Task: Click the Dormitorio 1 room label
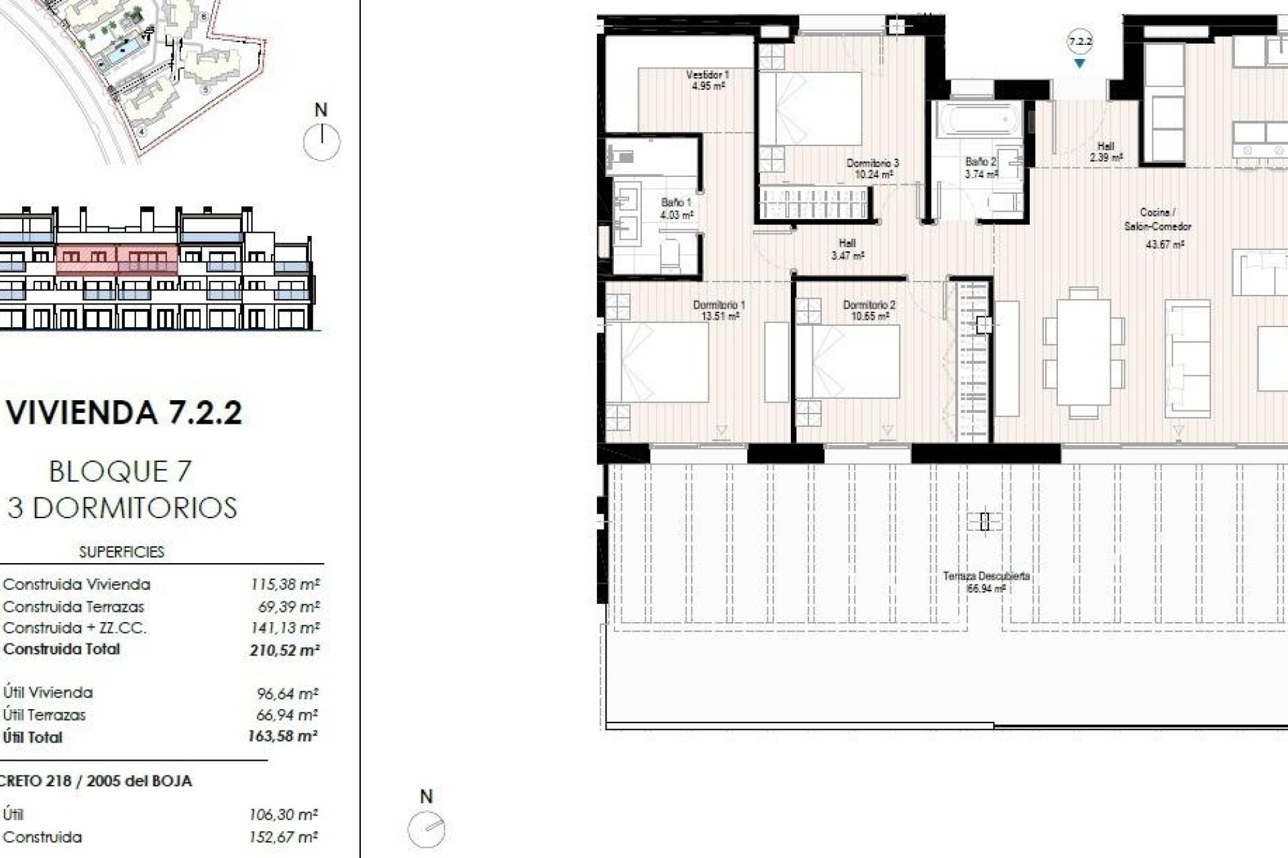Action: tap(719, 305)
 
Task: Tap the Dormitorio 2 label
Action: tap(869, 305)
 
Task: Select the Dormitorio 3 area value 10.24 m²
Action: tap(873, 175)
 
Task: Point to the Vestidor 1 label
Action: tap(707, 75)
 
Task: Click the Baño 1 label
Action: tap(676, 202)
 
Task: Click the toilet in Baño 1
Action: tap(671, 253)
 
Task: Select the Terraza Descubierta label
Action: tap(985, 576)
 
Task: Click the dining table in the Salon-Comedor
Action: tap(1083, 353)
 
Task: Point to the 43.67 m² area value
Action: tap(1165, 245)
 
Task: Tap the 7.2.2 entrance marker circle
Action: tap(1080, 42)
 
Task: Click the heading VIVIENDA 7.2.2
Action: tap(124, 412)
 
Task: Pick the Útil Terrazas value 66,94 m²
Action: tap(286, 715)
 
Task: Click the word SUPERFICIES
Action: tap(121, 552)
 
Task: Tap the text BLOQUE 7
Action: tap(121, 472)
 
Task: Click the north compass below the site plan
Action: tap(321, 141)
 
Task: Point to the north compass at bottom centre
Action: tap(427, 830)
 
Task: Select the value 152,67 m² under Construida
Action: tap(284, 837)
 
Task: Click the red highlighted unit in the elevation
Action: tap(117, 259)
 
